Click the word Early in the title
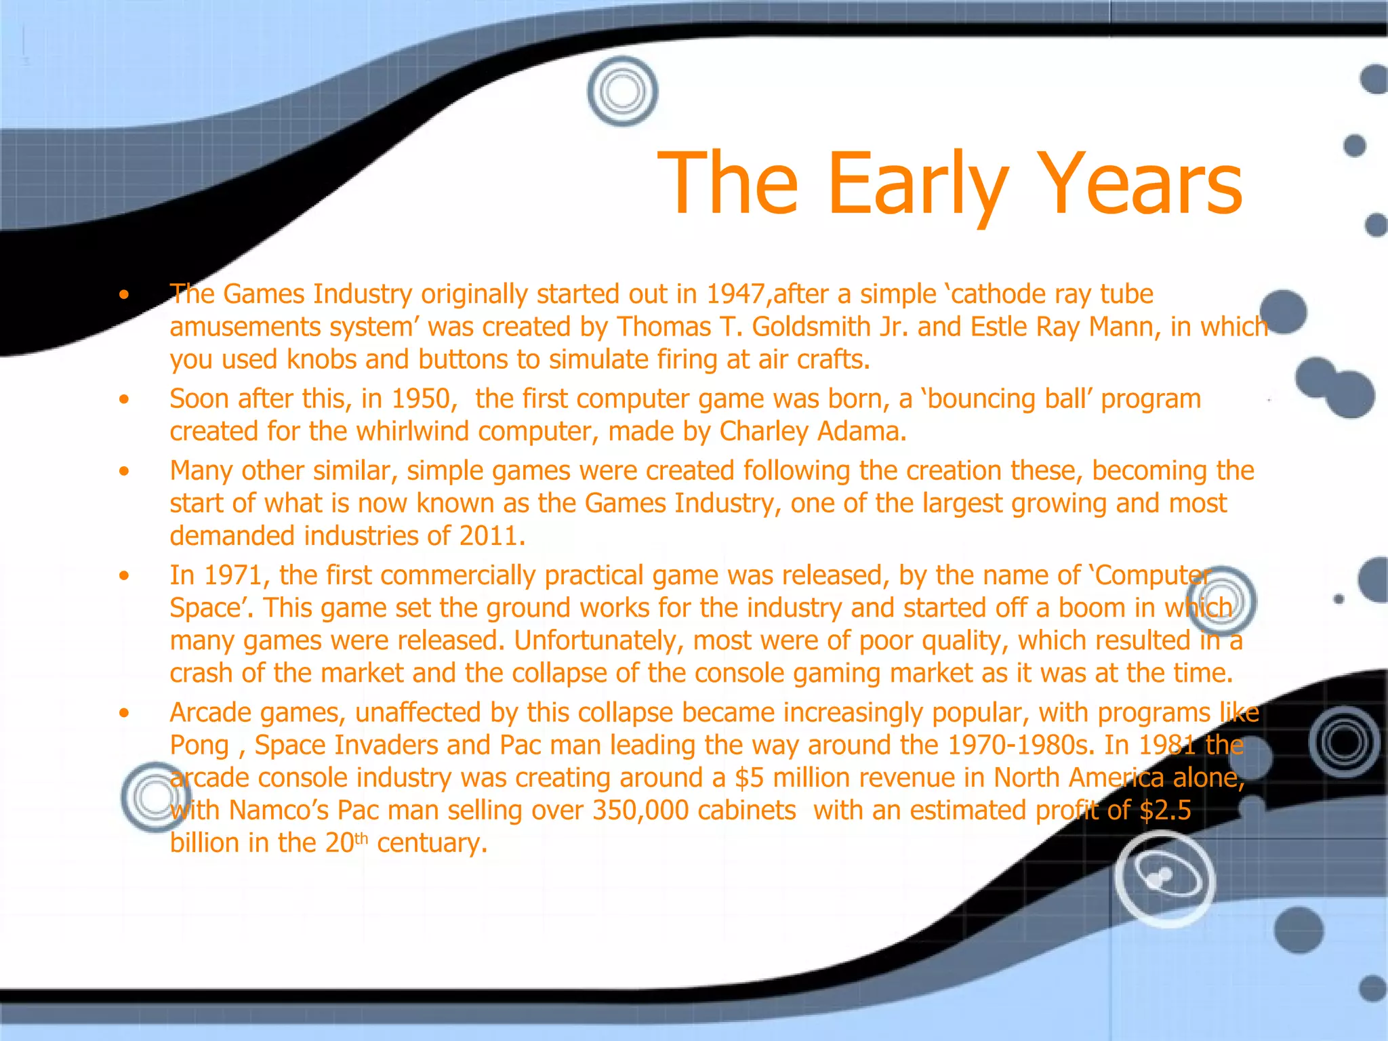pos(917,184)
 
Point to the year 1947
pos(735,294)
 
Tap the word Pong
pos(199,746)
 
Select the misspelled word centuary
pos(431,843)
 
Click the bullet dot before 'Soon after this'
pos(123,399)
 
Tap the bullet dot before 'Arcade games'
pos(123,713)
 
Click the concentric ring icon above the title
pos(622,91)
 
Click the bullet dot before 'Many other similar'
pos(123,471)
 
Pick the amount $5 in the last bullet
pos(750,778)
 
